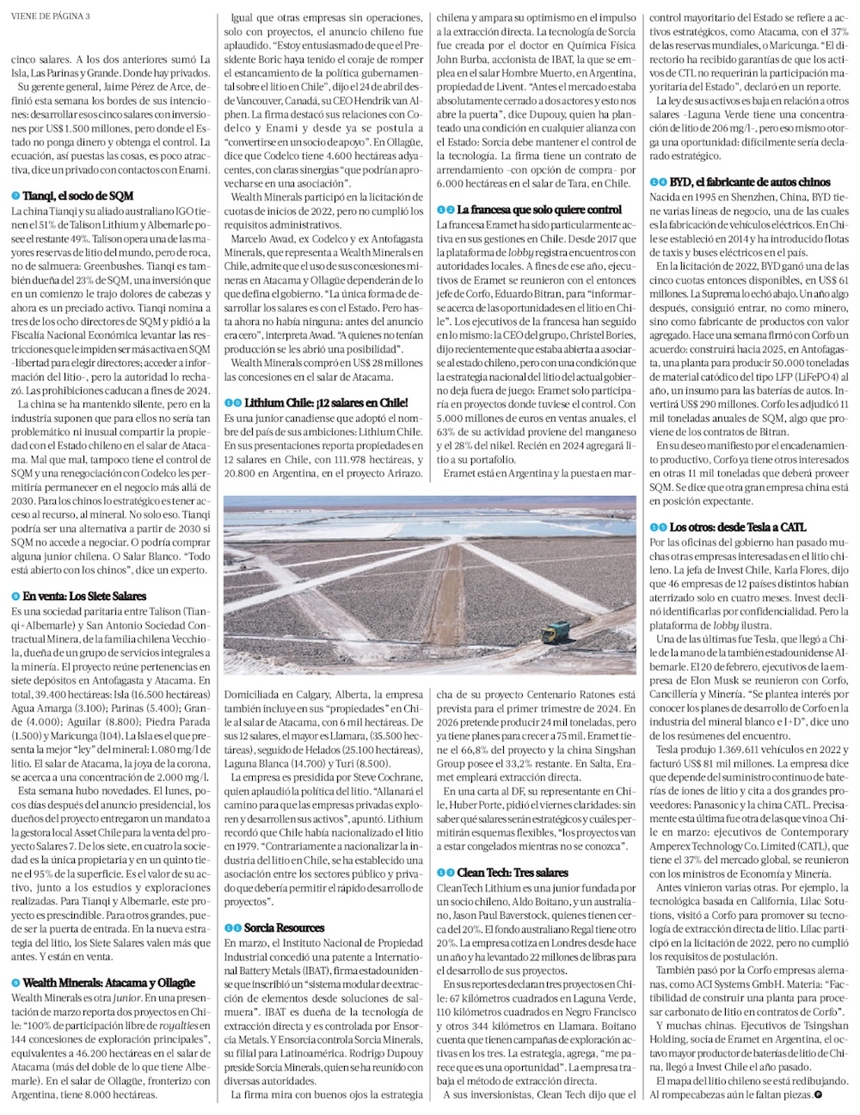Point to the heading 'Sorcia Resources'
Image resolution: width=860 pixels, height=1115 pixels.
[284, 928]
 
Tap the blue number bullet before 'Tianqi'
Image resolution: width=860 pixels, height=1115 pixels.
[15, 196]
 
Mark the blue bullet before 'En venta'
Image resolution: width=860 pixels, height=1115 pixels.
[15, 596]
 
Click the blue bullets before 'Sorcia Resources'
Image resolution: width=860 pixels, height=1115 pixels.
[232, 928]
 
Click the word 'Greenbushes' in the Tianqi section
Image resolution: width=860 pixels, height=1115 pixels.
[144, 266]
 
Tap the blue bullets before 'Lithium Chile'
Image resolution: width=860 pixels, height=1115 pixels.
[232, 402]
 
